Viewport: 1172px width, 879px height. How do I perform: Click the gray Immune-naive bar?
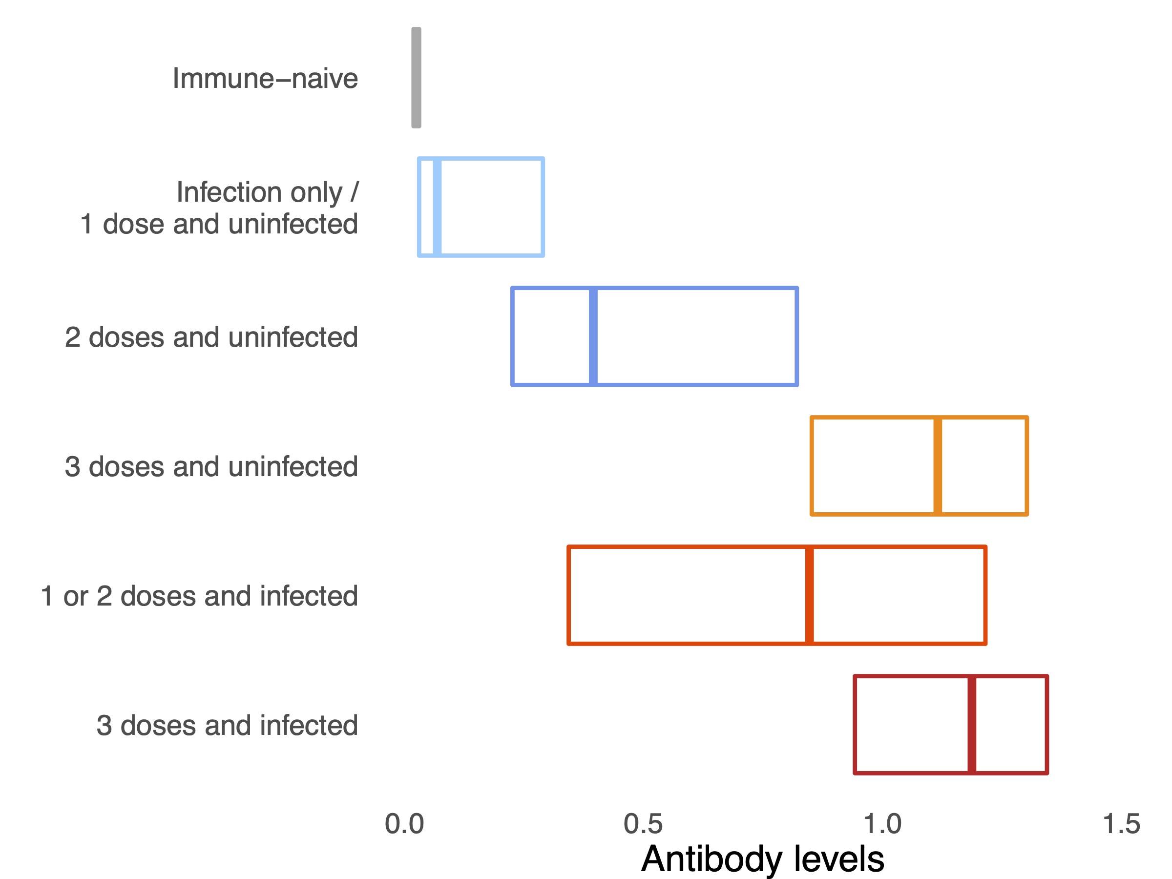[x=416, y=78]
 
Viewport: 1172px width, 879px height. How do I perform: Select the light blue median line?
[x=437, y=207]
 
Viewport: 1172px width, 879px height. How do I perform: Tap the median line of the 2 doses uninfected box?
[x=593, y=336]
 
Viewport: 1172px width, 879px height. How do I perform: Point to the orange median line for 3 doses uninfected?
[x=938, y=466]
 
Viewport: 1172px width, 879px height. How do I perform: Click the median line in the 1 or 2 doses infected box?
[x=809, y=595]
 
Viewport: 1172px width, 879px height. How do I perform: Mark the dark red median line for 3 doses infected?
[x=972, y=724]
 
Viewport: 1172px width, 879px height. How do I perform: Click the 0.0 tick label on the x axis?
[x=404, y=824]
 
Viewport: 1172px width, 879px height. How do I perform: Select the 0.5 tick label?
[x=643, y=824]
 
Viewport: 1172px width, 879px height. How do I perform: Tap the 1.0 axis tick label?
[x=882, y=824]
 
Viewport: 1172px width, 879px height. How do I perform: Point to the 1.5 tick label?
[x=1121, y=824]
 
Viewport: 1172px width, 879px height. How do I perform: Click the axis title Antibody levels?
[x=762, y=858]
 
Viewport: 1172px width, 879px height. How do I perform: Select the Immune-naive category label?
[x=266, y=79]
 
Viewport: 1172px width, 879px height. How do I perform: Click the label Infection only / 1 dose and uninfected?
[x=219, y=208]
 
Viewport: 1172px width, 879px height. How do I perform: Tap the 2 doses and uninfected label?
[x=211, y=337]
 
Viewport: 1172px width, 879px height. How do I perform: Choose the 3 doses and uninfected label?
[x=211, y=466]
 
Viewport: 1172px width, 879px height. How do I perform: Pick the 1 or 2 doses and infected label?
[x=199, y=596]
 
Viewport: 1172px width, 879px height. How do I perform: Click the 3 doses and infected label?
[x=227, y=725]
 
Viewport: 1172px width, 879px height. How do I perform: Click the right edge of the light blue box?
[x=543, y=207]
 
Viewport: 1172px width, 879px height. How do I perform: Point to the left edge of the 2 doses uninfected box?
[x=512, y=336]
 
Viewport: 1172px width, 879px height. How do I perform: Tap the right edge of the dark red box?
[x=1047, y=724]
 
